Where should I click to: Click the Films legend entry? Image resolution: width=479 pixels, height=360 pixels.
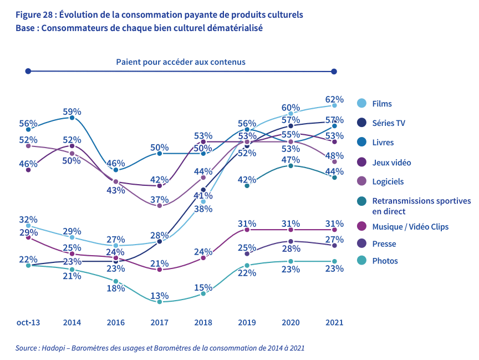coord(382,104)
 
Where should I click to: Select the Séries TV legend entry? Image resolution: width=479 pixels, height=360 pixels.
coord(389,123)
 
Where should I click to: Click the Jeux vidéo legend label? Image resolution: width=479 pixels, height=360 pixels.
coord(391,163)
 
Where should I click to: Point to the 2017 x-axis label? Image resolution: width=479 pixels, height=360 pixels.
coord(159,322)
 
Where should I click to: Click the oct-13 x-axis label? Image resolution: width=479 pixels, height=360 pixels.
coord(28,322)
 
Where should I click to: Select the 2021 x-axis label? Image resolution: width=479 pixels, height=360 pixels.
coord(334,322)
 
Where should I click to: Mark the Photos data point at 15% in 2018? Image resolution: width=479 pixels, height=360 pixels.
coord(203,293)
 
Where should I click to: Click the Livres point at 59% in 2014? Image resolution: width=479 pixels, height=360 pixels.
coord(72,118)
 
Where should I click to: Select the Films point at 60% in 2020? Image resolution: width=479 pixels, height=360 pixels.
coord(291,114)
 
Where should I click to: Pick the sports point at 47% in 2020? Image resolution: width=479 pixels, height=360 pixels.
coord(291,165)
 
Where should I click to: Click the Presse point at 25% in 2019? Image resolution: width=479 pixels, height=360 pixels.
coord(247,253)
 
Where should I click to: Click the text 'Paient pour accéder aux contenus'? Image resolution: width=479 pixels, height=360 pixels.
coord(181,62)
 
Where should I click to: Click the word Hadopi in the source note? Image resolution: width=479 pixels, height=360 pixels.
coord(52,348)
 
